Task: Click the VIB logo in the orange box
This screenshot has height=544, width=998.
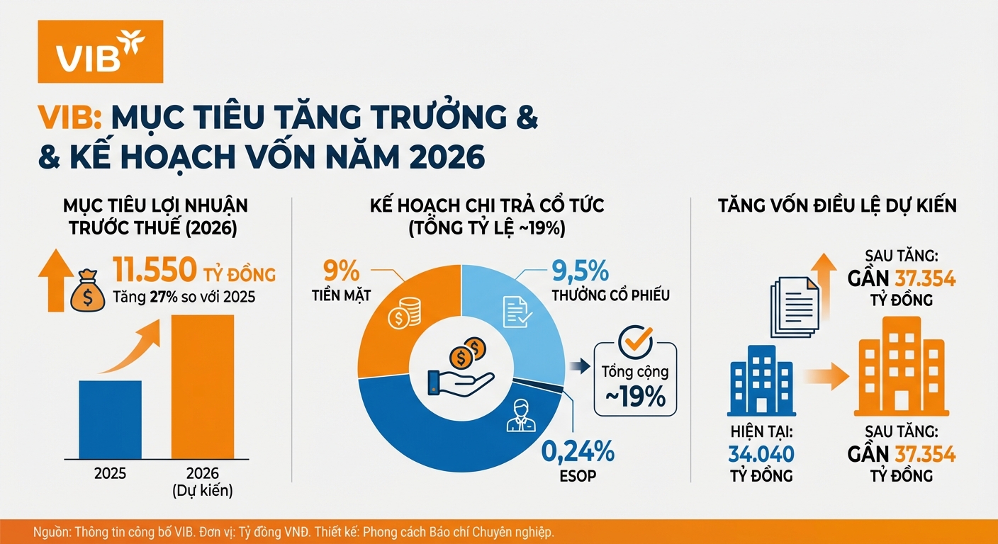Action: coord(100,52)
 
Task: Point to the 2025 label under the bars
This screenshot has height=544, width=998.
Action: coord(110,473)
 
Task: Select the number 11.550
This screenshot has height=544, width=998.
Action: coord(155,270)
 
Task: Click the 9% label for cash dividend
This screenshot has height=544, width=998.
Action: coord(342,271)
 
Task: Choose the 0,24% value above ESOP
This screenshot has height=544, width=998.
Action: coord(578,450)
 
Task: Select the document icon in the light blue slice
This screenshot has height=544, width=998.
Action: coord(515,312)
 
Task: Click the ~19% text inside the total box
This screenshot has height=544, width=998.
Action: coord(634,397)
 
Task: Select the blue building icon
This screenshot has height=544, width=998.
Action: coord(761,380)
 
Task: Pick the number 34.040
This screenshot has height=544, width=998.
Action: coord(761,454)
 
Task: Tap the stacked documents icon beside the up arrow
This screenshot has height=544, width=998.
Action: coord(794,306)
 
